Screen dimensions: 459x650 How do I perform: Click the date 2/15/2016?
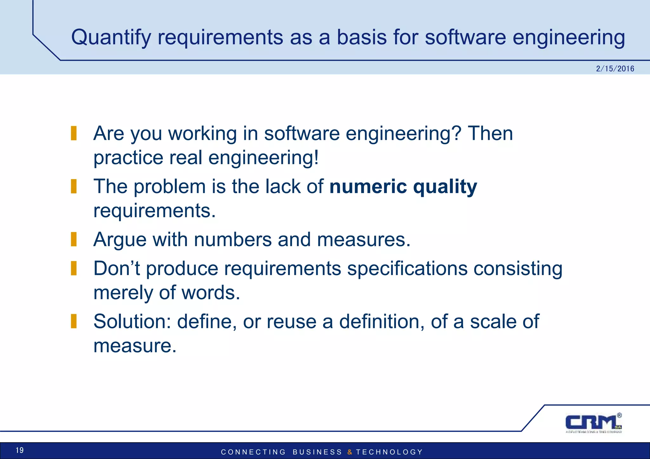coord(615,69)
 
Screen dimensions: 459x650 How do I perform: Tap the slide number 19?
coord(20,450)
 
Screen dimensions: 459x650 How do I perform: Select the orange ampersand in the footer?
coord(350,452)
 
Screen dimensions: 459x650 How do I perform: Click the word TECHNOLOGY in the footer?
coord(389,452)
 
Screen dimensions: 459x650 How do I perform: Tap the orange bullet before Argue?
coord(74,239)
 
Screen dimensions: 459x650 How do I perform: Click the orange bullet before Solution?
coord(74,321)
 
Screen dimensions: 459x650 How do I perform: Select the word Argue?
coord(120,240)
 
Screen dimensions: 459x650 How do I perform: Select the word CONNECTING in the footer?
coord(253,452)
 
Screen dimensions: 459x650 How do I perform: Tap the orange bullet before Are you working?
coord(74,133)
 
